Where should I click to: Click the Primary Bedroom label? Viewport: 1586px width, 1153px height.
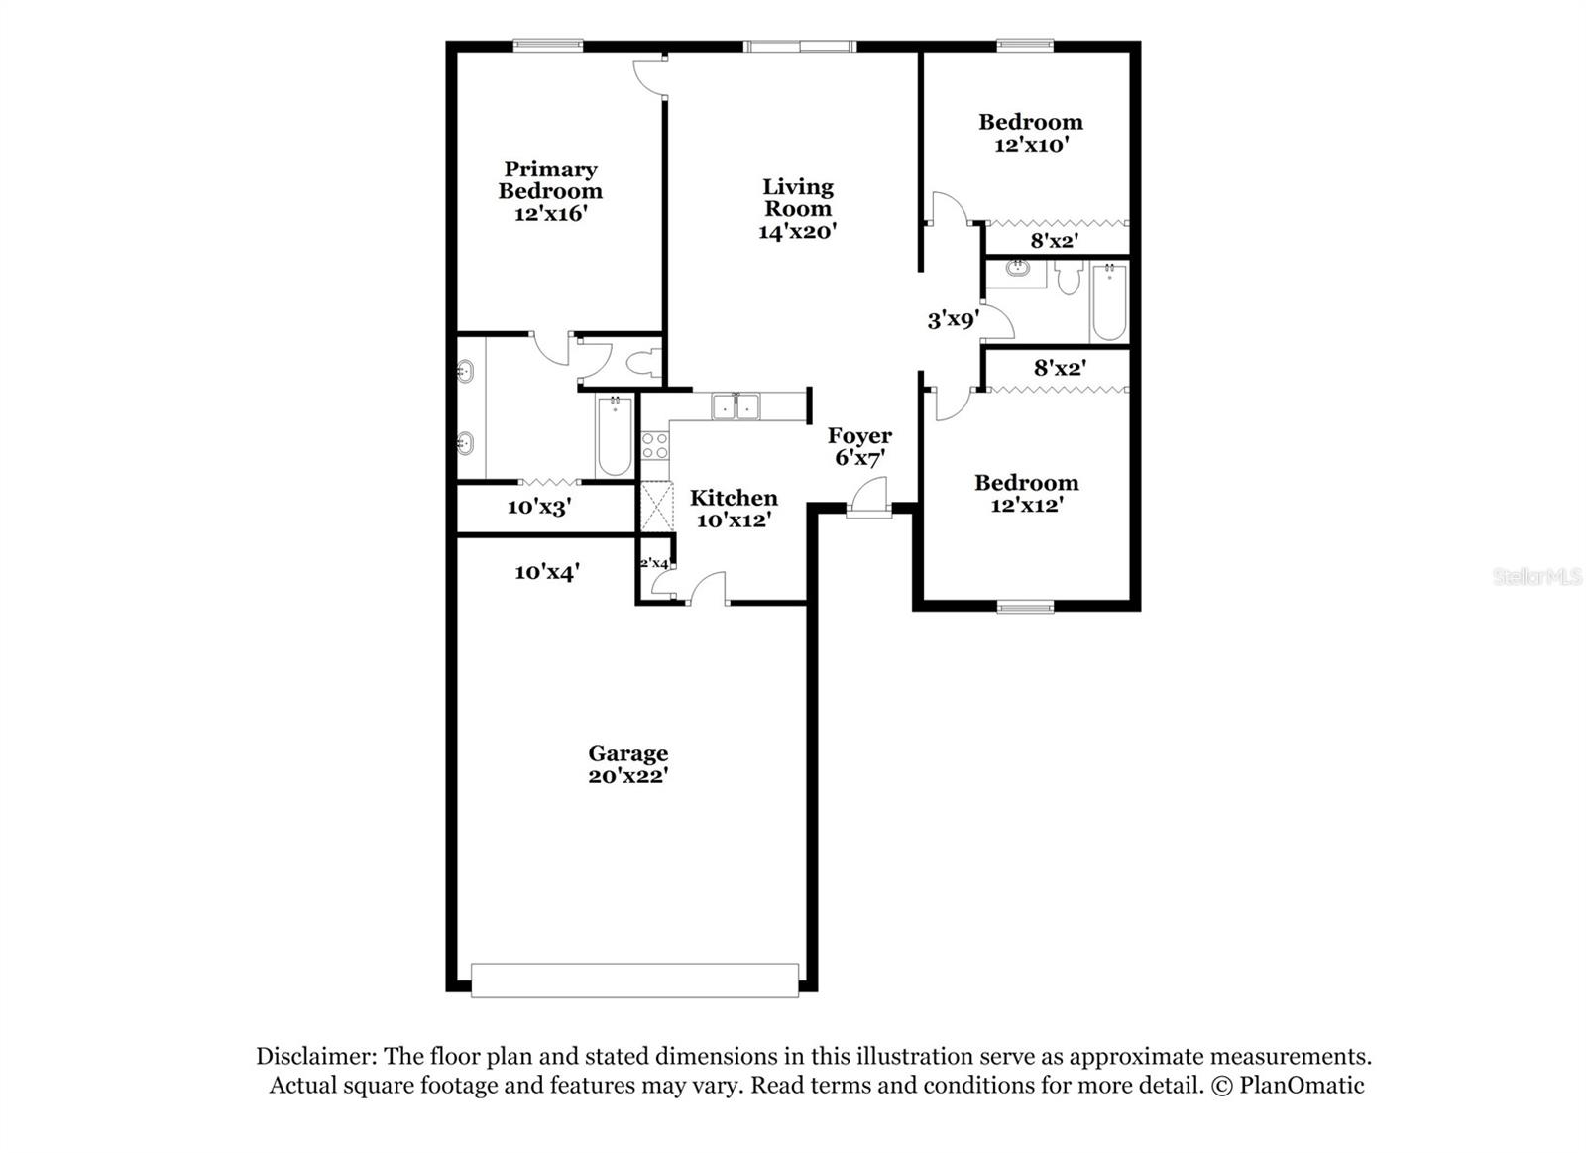coord(550,180)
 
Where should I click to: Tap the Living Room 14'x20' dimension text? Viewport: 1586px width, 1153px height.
coord(798,232)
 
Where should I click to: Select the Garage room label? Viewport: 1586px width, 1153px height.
coord(627,753)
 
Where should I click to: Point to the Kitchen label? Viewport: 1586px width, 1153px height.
coord(734,498)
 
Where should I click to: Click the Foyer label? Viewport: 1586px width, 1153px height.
coord(859,435)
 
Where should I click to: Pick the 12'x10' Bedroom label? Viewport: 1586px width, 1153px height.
coord(1031,122)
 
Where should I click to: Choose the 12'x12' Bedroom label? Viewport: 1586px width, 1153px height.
coord(1026,483)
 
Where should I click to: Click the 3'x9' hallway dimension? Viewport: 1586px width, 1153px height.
coord(953,319)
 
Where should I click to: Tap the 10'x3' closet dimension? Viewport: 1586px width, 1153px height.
coord(538,508)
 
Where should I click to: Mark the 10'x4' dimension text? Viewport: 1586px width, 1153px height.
coord(546,572)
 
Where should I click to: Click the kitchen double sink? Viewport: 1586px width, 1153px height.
coord(736,406)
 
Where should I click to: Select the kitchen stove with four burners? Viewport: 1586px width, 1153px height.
coord(654,445)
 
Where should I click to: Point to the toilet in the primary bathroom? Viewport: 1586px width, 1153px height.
coord(644,363)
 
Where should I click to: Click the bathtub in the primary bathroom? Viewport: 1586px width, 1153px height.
coord(614,436)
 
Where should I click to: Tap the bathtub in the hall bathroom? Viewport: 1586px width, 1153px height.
coord(1109,300)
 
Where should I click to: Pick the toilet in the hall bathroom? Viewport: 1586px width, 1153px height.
coord(1068,278)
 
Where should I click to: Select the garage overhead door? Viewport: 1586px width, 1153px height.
coord(634,980)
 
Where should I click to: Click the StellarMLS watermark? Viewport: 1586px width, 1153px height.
coord(1536,577)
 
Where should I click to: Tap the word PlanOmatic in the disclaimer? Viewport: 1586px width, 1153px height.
coord(1302,1086)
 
